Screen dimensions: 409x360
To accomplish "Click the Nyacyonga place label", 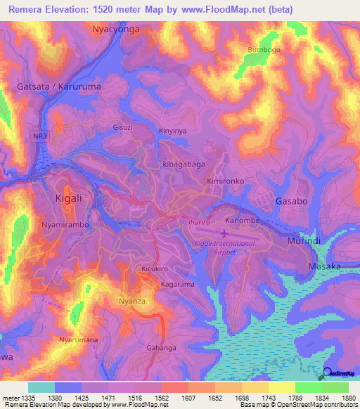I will [x=116, y=30].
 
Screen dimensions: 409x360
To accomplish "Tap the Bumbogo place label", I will [x=264, y=50].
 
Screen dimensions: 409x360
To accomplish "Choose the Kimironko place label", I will [x=225, y=181].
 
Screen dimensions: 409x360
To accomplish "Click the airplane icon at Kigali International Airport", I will [x=224, y=231].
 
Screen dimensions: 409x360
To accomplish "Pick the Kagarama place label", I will [x=177, y=285].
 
